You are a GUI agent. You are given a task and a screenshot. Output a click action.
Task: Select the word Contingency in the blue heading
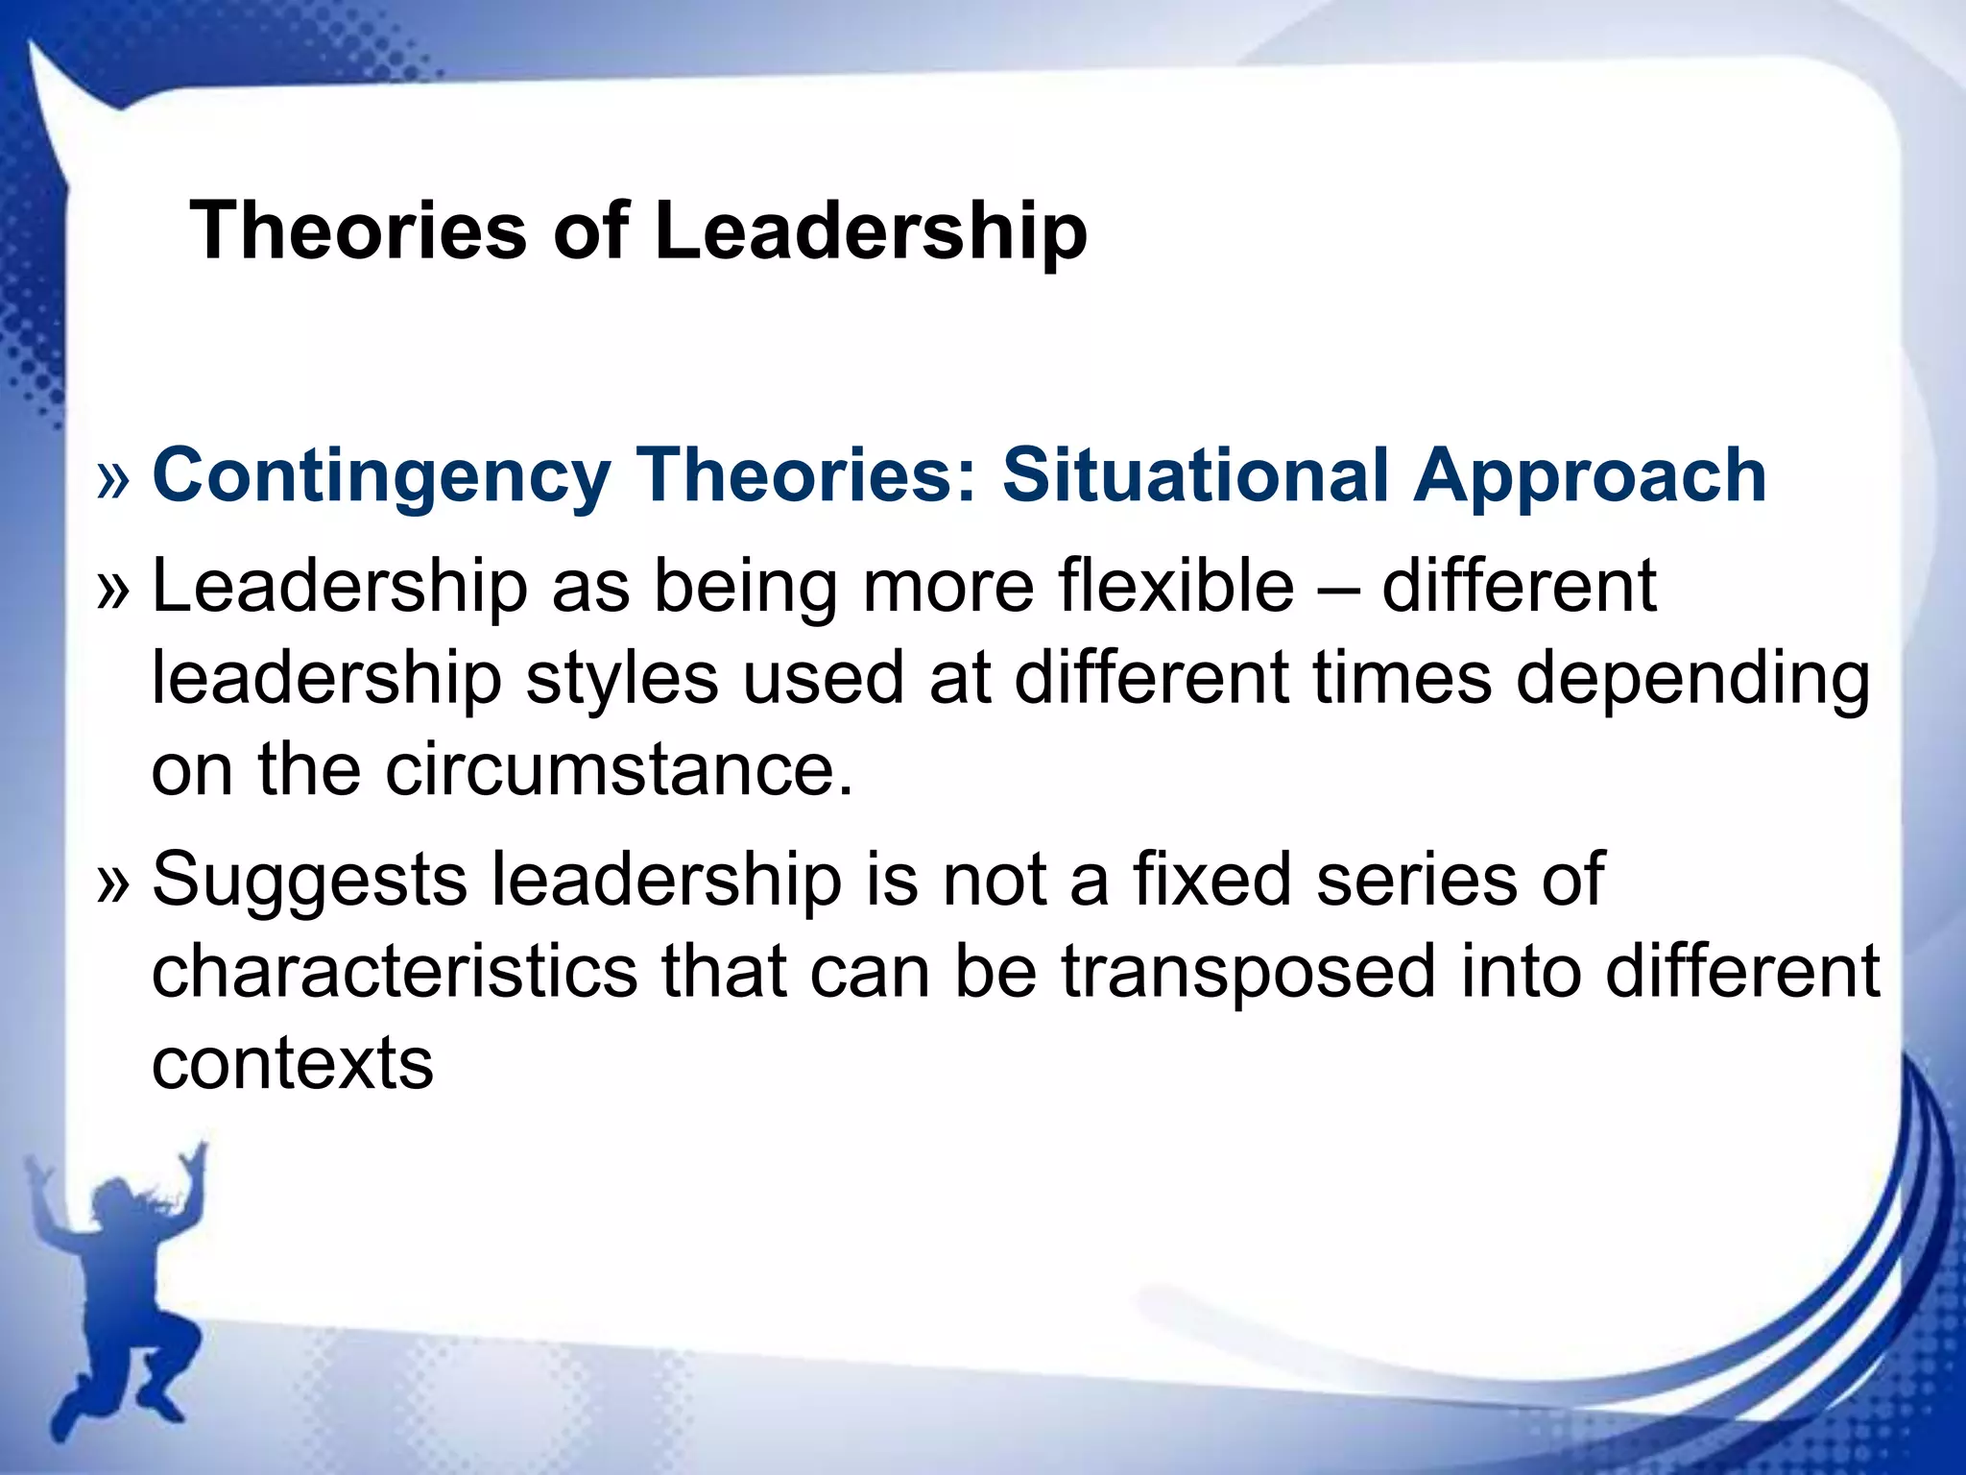(381, 476)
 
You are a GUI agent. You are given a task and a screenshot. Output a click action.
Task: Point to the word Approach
(1589, 476)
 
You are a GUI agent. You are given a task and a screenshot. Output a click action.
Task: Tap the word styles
(621, 679)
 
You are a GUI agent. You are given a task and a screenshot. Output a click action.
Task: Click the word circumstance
(619, 770)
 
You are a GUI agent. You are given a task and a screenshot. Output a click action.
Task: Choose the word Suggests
(309, 882)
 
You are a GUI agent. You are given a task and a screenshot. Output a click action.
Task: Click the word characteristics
(395, 971)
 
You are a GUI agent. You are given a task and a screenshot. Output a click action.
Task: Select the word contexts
(293, 1064)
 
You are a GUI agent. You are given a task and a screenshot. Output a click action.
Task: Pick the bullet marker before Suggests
(112, 883)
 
